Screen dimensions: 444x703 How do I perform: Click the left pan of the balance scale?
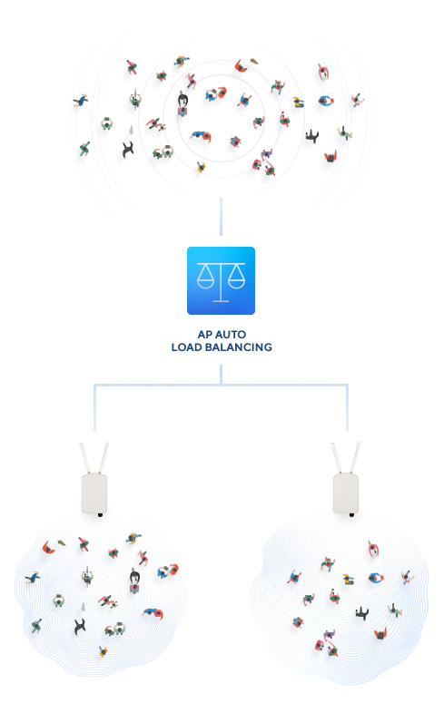click(x=205, y=283)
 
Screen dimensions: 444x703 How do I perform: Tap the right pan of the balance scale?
click(x=236, y=283)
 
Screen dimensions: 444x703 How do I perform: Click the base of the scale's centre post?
click(x=221, y=301)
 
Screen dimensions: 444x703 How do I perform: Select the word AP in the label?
click(x=204, y=335)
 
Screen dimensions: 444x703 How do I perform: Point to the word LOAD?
click(x=186, y=347)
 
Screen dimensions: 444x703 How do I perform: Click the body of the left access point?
click(x=94, y=493)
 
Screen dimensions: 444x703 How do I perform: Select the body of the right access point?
click(x=346, y=493)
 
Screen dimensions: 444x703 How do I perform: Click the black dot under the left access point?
click(x=100, y=515)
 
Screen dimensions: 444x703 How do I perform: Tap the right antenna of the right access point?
click(x=355, y=457)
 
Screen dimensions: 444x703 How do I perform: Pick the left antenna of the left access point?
click(x=84, y=457)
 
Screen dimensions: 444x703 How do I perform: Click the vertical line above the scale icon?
click(x=221, y=217)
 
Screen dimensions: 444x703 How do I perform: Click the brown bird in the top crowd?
click(x=254, y=61)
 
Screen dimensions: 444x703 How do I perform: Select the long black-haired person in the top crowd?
click(x=183, y=104)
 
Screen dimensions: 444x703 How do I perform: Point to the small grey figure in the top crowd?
click(x=131, y=130)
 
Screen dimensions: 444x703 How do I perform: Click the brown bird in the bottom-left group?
click(x=62, y=543)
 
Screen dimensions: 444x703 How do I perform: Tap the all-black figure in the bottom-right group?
click(x=361, y=613)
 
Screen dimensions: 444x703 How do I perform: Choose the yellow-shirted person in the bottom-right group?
click(x=348, y=580)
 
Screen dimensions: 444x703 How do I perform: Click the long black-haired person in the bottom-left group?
click(x=134, y=581)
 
